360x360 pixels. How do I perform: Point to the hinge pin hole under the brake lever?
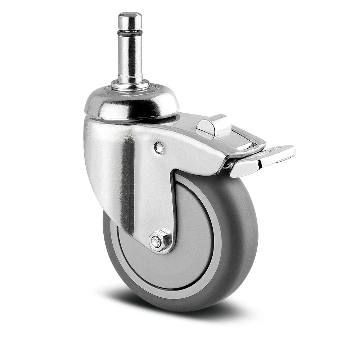coord(226,165)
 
